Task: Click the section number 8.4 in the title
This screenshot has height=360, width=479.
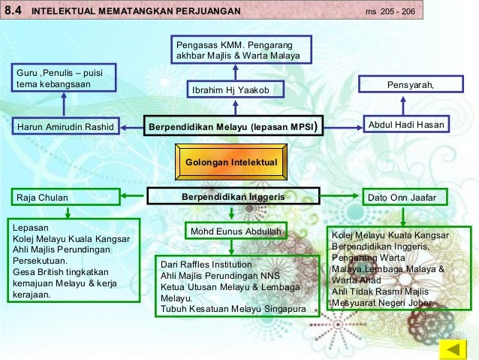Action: pos(14,11)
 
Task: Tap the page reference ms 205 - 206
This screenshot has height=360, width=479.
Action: pos(390,12)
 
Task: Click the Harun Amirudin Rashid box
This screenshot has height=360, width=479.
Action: pos(65,126)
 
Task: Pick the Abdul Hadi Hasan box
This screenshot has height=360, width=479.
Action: pos(405,125)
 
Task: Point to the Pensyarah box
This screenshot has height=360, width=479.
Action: pos(410,85)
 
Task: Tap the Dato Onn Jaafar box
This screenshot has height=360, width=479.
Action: pos(403,198)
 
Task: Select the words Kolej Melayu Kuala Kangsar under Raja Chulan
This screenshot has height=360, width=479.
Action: pos(71,239)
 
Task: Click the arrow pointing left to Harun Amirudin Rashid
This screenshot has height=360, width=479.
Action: pos(131,126)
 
